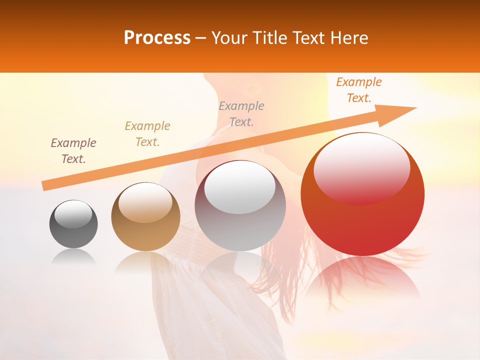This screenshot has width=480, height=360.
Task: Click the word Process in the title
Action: (x=157, y=38)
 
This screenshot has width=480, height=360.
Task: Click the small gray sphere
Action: (x=73, y=224)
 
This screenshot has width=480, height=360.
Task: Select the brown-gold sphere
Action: (x=145, y=217)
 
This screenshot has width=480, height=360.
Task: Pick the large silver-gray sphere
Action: (x=240, y=206)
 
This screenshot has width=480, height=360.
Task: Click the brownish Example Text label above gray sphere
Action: (x=73, y=151)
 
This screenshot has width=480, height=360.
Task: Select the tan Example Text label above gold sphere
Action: (x=147, y=134)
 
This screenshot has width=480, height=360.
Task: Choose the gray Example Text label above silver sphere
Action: (x=241, y=114)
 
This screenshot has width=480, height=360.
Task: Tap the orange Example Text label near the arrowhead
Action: (x=359, y=90)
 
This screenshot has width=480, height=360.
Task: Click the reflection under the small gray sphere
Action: (x=73, y=256)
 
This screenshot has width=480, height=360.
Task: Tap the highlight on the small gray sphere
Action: (x=73, y=214)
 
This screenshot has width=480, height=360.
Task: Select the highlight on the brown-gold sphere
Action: (x=145, y=201)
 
